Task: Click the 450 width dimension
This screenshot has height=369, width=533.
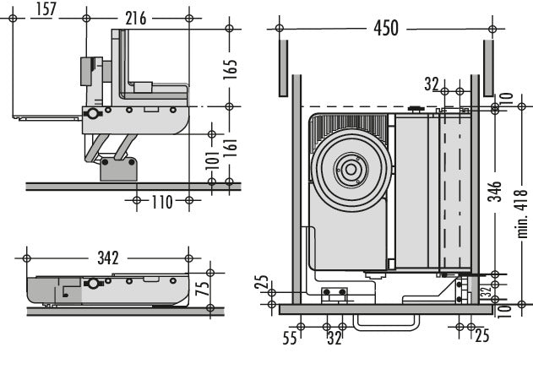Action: [386, 28]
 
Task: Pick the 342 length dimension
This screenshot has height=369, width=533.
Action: [108, 257]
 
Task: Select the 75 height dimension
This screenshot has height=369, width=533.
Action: [202, 287]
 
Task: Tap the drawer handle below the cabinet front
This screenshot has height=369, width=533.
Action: [386, 321]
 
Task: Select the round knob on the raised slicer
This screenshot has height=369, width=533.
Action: [92, 115]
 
